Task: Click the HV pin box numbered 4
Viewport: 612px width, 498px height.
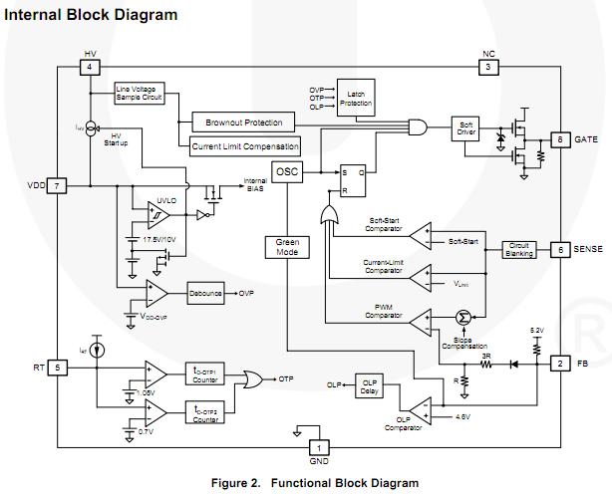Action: pyautogui.click(x=90, y=67)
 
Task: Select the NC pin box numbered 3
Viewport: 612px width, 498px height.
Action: pyautogui.click(x=488, y=67)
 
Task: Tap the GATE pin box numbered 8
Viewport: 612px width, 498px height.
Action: pyautogui.click(x=561, y=138)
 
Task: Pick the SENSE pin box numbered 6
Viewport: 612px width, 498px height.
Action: pyautogui.click(x=561, y=250)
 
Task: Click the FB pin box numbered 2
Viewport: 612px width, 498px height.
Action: pyautogui.click(x=561, y=364)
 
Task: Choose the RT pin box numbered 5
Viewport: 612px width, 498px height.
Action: pyautogui.click(x=59, y=368)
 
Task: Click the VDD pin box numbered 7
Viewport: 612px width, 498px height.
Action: pyautogui.click(x=59, y=186)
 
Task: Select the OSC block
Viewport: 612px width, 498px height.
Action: pyautogui.click(x=287, y=171)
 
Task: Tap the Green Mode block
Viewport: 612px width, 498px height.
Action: pyautogui.click(x=287, y=247)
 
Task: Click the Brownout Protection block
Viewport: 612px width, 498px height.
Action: pyautogui.click(x=244, y=123)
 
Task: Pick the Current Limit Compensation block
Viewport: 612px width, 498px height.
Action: pyautogui.click(x=244, y=146)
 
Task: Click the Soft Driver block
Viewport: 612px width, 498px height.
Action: pyautogui.click(x=468, y=127)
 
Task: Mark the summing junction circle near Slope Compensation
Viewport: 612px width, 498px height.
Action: pyautogui.click(x=461, y=317)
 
